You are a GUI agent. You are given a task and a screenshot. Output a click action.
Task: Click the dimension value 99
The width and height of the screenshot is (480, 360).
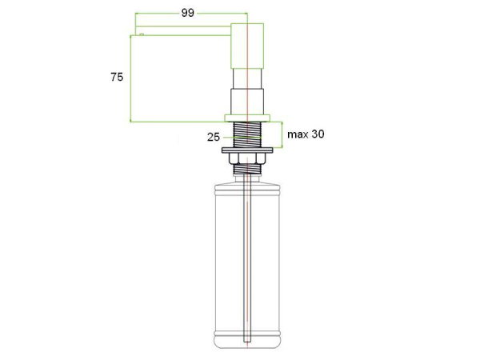pyautogui.click(x=188, y=13)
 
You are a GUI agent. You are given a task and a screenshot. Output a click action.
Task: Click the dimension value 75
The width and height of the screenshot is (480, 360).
pyautogui.click(x=117, y=77)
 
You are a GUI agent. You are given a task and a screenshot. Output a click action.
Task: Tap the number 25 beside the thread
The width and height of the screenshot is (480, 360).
pyautogui.click(x=214, y=137)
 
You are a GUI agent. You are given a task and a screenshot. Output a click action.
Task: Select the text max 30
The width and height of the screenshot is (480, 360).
pyautogui.click(x=306, y=134)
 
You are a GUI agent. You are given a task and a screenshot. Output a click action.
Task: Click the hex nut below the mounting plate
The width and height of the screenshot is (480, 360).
pyautogui.click(x=247, y=158)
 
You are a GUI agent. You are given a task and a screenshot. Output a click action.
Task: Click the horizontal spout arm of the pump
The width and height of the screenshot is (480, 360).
pyautogui.click(x=183, y=30)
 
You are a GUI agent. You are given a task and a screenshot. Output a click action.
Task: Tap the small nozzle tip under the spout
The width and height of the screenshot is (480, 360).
pyautogui.click(x=141, y=34)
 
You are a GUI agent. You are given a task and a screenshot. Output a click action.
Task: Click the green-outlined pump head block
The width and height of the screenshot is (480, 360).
pyautogui.click(x=247, y=46)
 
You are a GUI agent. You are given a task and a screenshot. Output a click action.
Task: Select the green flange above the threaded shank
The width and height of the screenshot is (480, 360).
pyautogui.click(x=247, y=118)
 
